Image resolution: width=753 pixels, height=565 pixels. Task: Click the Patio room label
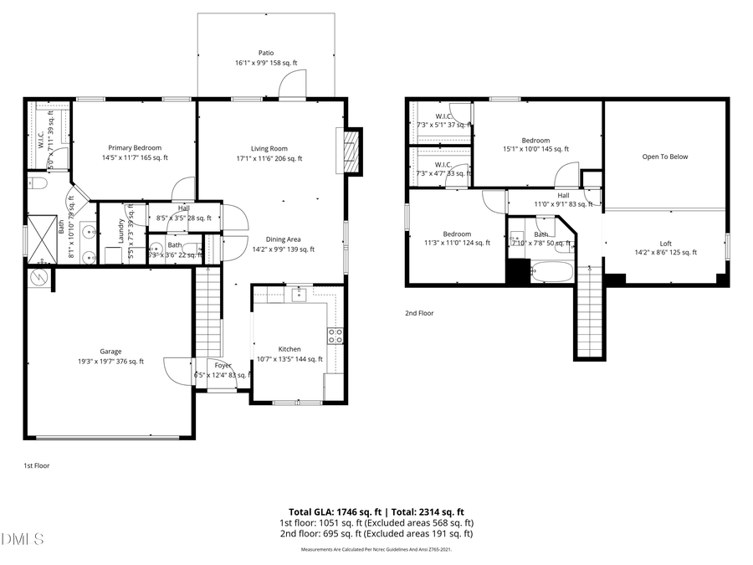point(266,52)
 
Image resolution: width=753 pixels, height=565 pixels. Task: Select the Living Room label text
point(269,148)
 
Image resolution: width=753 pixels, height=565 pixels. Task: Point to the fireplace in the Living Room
point(352,151)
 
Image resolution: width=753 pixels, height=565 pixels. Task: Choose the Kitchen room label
point(289,349)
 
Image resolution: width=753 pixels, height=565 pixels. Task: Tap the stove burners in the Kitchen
point(335,336)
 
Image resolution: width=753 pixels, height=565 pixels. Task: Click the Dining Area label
point(283,239)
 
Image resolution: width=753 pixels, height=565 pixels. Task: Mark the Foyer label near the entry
point(223,366)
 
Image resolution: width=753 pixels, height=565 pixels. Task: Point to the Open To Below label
point(665,157)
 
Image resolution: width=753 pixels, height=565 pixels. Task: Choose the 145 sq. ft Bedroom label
point(535,140)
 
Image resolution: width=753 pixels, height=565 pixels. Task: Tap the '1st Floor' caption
point(36,465)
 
